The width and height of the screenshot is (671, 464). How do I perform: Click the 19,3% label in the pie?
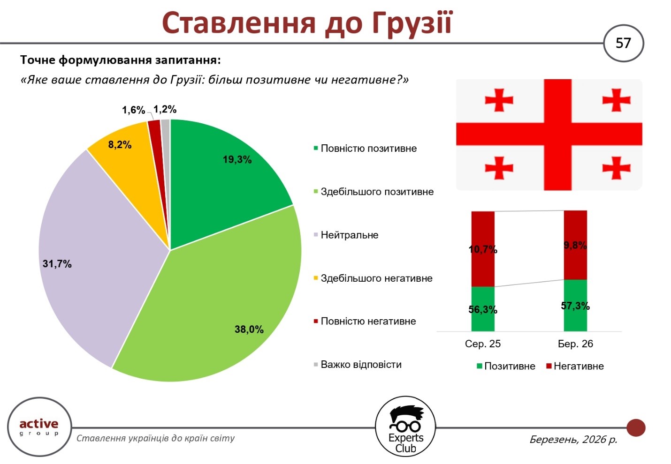click(x=237, y=160)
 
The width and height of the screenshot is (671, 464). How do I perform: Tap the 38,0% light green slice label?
click(x=249, y=329)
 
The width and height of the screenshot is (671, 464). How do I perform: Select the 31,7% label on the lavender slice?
click(x=57, y=264)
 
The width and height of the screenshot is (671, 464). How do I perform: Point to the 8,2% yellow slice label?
click(x=120, y=145)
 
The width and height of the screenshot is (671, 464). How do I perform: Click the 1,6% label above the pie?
click(x=133, y=110)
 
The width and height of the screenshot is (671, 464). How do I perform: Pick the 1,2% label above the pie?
click(x=165, y=110)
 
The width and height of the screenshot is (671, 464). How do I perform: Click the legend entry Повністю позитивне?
click(x=368, y=149)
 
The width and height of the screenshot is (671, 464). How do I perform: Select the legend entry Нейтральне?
click(x=349, y=235)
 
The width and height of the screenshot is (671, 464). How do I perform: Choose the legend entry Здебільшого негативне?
click(x=376, y=278)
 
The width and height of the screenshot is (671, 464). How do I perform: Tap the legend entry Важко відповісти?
click(x=361, y=365)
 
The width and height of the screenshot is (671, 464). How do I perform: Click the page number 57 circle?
click(x=623, y=44)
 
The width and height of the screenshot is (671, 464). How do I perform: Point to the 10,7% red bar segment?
click(x=483, y=249)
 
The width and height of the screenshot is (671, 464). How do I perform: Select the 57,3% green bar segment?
click(x=575, y=306)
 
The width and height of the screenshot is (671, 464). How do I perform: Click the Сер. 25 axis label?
click(x=483, y=344)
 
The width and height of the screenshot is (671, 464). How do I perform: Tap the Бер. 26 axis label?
click(x=575, y=344)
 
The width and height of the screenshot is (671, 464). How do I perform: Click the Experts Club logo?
click(x=405, y=427)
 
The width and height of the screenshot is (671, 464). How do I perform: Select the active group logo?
click(x=39, y=427)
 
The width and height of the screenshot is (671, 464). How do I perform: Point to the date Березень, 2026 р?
click(x=573, y=440)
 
